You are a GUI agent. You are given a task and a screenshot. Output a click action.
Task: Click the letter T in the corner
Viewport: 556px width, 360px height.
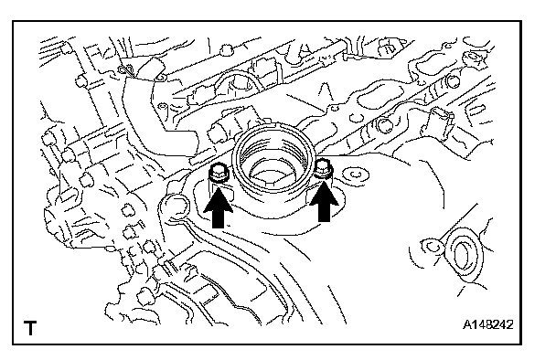point(30,328)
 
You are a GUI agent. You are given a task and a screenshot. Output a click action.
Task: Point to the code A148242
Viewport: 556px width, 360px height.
point(488,324)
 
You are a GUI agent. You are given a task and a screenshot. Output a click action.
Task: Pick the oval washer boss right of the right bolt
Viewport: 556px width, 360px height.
point(354,175)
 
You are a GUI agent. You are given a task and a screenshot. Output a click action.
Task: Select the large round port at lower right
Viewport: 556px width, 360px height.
point(463,254)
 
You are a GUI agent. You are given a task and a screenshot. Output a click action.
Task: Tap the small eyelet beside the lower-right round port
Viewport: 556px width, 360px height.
point(431,246)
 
